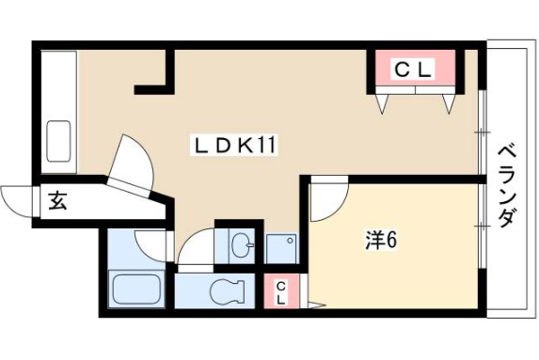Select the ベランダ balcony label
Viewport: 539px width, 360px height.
pyautogui.click(x=508, y=186)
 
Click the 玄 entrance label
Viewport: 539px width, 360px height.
pyautogui.click(x=57, y=201)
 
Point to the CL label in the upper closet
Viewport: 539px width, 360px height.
pyautogui.click(x=413, y=70)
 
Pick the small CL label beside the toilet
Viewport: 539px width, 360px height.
pyautogui.click(x=281, y=291)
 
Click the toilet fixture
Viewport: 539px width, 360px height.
pyautogui.click(x=228, y=290)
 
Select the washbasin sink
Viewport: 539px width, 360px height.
pyautogui.click(x=242, y=245)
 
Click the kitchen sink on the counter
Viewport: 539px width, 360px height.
pyautogui.click(x=58, y=141)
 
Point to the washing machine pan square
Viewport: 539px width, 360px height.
pyautogui.click(x=281, y=249)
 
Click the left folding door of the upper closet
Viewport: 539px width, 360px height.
pyautogui.click(x=382, y=103)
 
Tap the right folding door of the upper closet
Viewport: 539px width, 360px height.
pyautogui.click(x=449, y=103)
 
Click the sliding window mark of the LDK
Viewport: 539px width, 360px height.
pyautogui.click(x=483, y=132)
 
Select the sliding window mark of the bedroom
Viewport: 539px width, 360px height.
pyautogui.click(x=483, y=226)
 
